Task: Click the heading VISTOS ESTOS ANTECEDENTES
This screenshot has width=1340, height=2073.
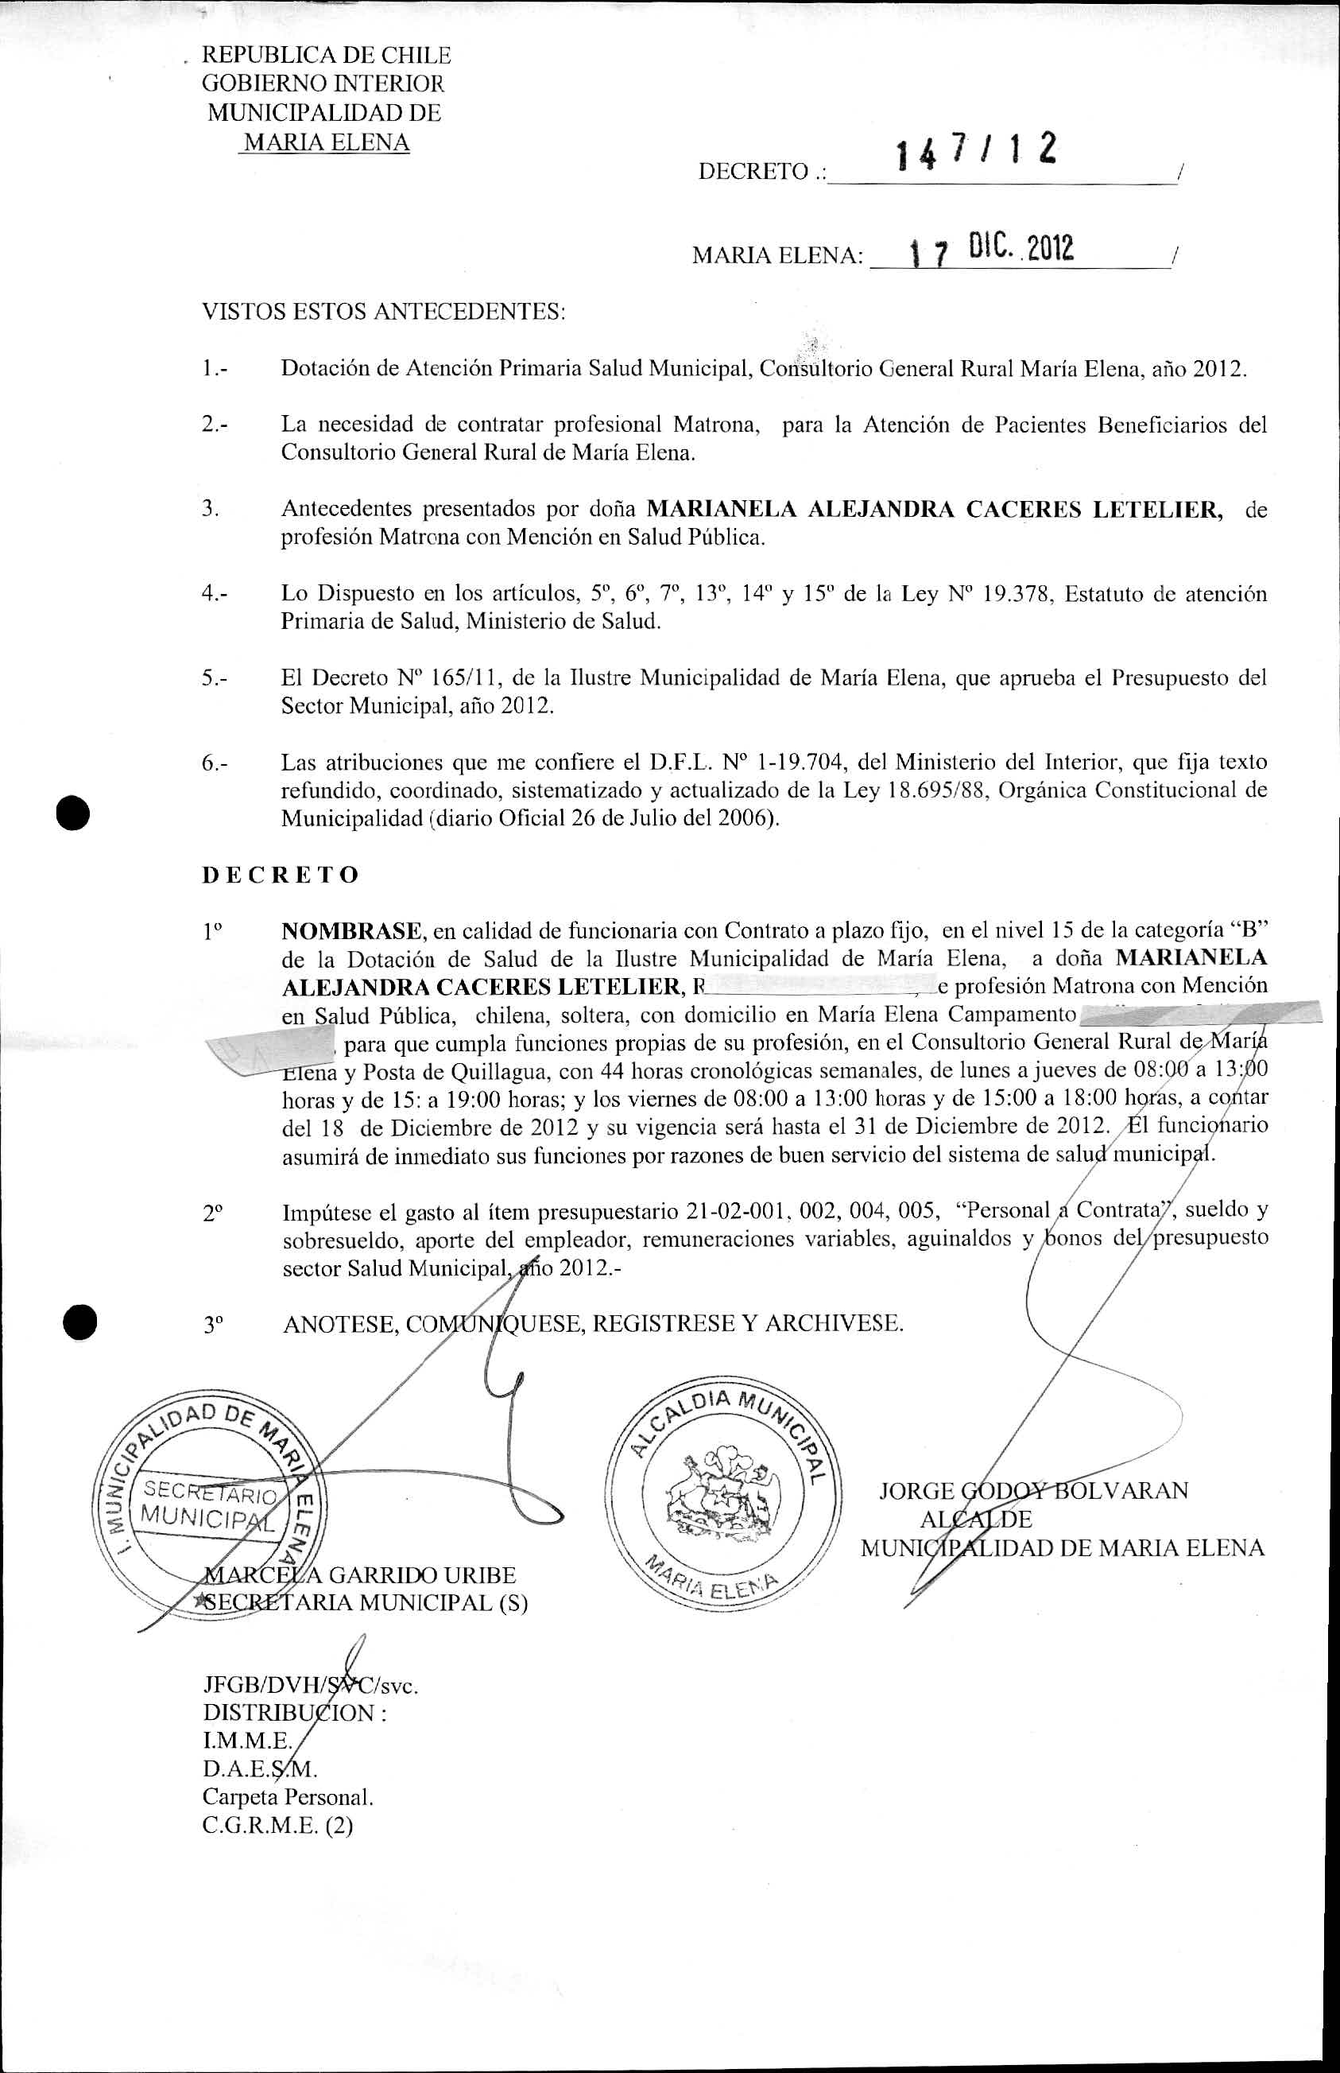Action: click(x=384, y=312)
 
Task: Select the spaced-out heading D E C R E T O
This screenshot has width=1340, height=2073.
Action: click(x=281, y=875)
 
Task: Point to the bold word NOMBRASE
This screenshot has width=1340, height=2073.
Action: click(x=351, y=931)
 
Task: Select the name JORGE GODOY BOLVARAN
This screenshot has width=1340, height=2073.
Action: click(x=1033, y=1491)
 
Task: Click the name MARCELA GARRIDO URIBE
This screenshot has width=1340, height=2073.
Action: click(x=359, y=1575)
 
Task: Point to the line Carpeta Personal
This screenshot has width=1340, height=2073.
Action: click(x=288, y=1797)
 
